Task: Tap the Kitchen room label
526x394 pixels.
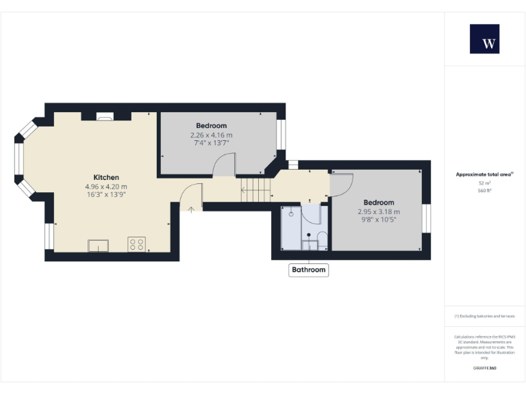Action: (106, 177)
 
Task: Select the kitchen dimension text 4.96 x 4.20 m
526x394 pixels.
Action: (106, 186)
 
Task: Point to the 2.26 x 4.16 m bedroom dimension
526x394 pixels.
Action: (211, 135)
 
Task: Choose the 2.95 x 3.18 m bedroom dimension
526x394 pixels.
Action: (379, 211)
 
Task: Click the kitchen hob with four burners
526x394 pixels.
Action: (136, 244)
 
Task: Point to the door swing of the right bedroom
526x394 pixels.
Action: (341, 184)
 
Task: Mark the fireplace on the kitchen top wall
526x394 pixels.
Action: (105, 117)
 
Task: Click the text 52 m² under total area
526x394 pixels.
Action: (484, 183)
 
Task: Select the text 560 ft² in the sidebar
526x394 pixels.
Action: (484, 191)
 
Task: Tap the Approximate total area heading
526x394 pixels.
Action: (484, 174)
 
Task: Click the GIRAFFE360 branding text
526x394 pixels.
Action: (484, 368)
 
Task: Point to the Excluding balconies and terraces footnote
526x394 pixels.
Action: (484, 316)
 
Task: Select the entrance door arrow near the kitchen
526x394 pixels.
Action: (191, 207)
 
